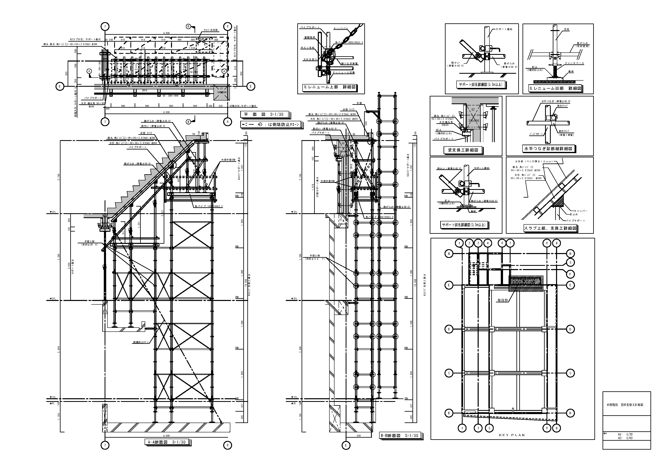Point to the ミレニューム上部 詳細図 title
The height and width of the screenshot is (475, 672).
tap(329, 87)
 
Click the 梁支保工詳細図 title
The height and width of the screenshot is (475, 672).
tap(462, 150)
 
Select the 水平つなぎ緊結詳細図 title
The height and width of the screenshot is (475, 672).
tap(549, 149)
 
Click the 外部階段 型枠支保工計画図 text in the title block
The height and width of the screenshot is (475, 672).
tap(626, 405)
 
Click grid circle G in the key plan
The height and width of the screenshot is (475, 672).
tap(570, 263)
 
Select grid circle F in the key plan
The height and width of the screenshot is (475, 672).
tap(570, 274)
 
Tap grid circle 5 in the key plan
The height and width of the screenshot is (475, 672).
tap(489, 428)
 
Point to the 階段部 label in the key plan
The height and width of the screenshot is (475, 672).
tap(503, 300)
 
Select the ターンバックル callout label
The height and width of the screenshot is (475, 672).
tap(341, 28)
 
